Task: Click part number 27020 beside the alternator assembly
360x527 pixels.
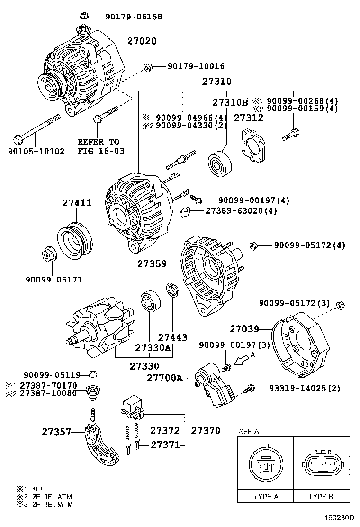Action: pyautogui.click(x=142, y=41)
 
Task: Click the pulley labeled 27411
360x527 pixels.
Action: pyautogui.click(x=74, y=240)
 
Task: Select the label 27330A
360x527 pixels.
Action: pyautogui.click(x=153, y=348)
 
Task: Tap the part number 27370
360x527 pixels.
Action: pyautogui.click(x=206, y=431)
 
